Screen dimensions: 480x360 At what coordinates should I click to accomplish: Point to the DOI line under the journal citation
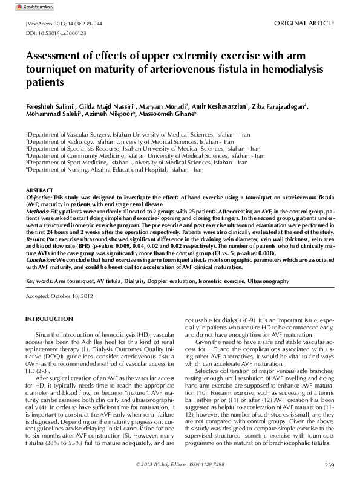(x=47, y=34)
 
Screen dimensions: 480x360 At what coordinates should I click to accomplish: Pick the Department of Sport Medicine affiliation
(x=137, y=163)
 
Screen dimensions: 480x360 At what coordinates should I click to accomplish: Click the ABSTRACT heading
(x=39, y=190)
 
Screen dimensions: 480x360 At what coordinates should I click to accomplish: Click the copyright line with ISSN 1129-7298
(x=180, y=464)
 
